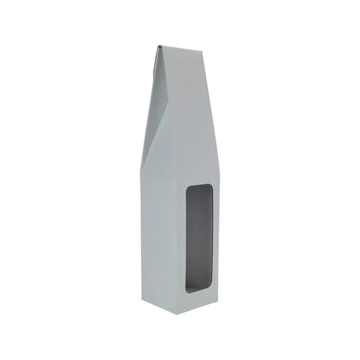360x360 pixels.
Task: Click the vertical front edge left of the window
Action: click(178, 240)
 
